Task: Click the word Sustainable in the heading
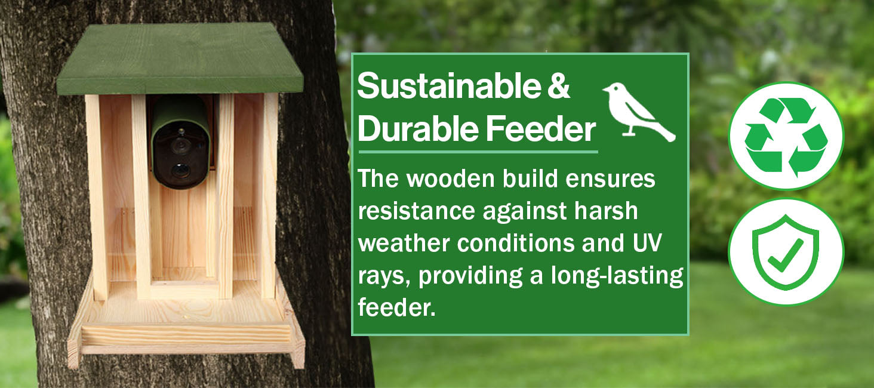click(449, 86)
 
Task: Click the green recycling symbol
click(786, 136)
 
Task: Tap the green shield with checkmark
click(786, 251)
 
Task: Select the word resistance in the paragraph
click(416, 211)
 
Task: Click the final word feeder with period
click(396, 307)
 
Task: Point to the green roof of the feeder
click(180, 58)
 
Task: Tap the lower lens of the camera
click(180, 170)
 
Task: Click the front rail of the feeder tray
click(186, 335)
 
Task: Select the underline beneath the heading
click(478, 152)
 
